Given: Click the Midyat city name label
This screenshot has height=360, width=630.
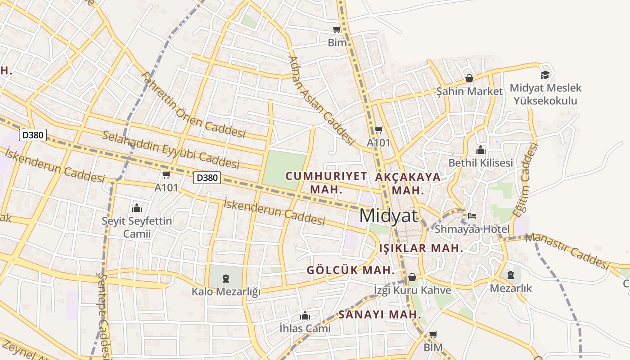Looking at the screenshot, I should point(388,216).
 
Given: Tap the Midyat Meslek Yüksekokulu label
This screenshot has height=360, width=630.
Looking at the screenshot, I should point(545,94).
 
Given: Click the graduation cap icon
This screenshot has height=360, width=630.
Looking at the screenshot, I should point(545,75).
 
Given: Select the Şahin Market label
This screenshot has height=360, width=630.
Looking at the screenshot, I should point(469,91).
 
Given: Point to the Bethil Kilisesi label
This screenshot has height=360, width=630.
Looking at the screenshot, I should point(481,162).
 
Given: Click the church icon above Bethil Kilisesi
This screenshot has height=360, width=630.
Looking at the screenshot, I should point(481,150).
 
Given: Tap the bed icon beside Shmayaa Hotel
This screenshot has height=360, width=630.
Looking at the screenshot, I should point(472,216).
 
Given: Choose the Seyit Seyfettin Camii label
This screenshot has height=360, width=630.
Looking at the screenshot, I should point(137,227).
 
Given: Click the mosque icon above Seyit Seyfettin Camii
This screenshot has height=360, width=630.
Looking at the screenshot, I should point(137,208).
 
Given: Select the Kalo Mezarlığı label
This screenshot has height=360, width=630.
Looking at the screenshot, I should point(226,292).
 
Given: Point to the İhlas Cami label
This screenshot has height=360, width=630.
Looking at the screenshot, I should point(305,328).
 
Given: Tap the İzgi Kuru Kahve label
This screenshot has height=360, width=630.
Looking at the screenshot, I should point(413,290).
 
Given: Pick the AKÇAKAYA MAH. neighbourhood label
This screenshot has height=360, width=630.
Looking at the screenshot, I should point(408,183).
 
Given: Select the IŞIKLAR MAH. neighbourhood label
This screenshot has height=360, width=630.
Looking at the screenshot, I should point(421,248).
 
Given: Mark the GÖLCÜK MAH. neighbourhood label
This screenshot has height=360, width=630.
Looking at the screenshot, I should point(351,270).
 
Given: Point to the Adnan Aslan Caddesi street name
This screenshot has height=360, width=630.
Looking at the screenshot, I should point(321,100).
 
